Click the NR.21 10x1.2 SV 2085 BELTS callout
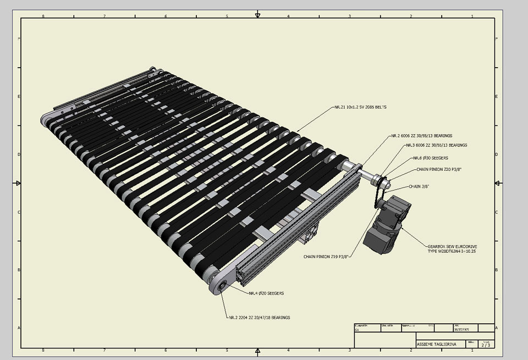(360, 107)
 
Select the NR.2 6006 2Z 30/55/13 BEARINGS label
(422, 135)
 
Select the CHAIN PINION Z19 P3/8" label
(327, 257)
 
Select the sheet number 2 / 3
(485, 345)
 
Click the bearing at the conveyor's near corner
(222, 287)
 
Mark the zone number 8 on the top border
(43, 16)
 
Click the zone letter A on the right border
(497, 328)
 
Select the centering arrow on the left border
(18, 183)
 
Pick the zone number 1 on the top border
(472, 16)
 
